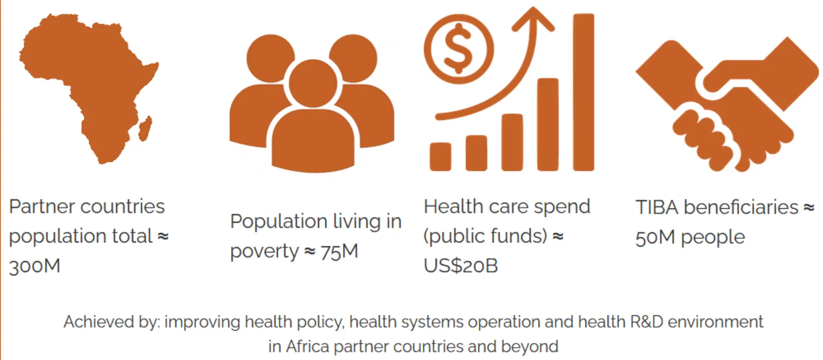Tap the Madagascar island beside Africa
pos(145,128)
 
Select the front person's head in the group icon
pos(313,83)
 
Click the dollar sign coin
pos(458,49)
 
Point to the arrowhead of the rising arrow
pos(533,19)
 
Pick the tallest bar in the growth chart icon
pos(583,92)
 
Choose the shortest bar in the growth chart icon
pos(440,157)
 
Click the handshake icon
pos(727,104)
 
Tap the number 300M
pos(34,266)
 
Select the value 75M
pos(339,252)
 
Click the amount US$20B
pos(461,265)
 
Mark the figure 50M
pos(655,237)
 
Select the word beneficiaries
pos(741,207)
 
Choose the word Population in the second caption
pos(278,222)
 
